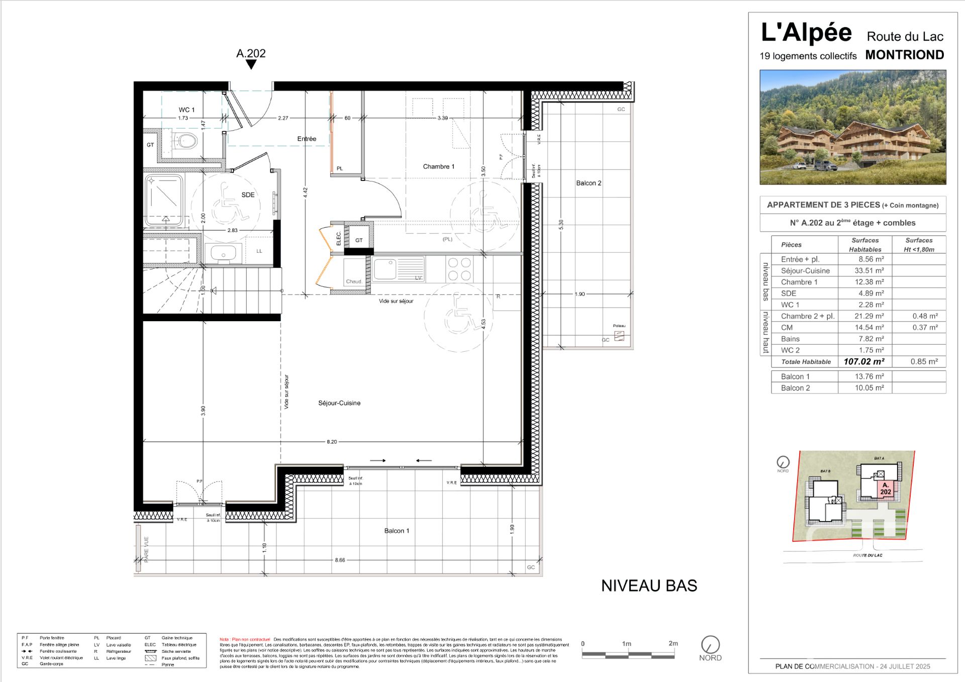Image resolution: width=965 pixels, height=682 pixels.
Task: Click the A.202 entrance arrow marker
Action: [251, 64]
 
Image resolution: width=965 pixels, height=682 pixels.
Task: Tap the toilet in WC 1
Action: [187, 141]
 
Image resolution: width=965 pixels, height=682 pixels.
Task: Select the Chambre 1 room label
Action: [438, 166]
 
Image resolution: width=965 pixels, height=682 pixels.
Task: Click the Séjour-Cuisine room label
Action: [339, 403]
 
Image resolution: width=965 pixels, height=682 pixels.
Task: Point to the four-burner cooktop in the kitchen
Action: [459, 269]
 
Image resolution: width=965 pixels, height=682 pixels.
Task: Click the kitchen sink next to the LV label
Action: [385, 269]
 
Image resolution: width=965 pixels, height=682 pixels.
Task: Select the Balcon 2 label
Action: [589, 183]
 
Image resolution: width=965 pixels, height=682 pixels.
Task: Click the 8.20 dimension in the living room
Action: [332, 442]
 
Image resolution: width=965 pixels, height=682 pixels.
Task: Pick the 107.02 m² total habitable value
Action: [864, 361]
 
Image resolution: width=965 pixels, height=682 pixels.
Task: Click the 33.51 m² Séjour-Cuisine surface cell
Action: [869, 270]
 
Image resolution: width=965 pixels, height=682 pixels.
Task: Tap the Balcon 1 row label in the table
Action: [795, 376]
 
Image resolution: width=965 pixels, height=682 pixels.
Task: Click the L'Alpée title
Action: [806, 33]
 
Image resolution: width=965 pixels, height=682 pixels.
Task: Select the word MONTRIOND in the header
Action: [904, 55]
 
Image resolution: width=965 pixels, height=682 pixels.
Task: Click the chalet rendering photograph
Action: [852, 127]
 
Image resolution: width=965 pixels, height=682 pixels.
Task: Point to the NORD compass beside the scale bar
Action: [710, 645]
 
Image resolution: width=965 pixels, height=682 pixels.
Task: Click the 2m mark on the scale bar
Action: [673, 644]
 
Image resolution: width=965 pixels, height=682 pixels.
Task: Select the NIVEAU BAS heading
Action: [649, 586]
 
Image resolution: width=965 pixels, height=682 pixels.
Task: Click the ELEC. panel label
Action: [338, 238]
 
